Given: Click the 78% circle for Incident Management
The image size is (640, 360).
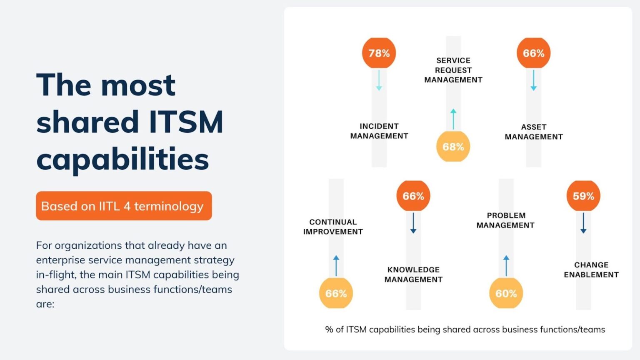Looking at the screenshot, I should pyautogui.click(x=379, y=53).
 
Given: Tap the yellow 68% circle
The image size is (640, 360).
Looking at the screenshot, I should pyautogui.click(x=453, y=147).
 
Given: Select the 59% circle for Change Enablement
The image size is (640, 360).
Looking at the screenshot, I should pyautogui.click(x=583, y=196).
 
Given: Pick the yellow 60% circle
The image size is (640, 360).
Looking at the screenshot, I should pyautogui.click(x=506, y=293).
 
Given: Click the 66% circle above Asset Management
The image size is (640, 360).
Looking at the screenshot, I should pyautogui.click(x=533, y=53).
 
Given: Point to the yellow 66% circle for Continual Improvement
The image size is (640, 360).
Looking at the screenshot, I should pyautogui.click(x=336, y=293).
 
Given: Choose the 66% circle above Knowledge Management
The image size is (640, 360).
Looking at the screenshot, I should pyautogui.click(x=413, y=196).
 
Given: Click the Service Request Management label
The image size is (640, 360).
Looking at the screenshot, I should pyautogui.click(x=453, y=70).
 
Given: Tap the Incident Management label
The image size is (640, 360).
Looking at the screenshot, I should pyautogui.click(x=379, y=131).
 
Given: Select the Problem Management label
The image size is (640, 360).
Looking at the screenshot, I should pyautogui.click(x=505, y=220).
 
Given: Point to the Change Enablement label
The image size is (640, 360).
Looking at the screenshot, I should pyautogui.click(x=591, y=270).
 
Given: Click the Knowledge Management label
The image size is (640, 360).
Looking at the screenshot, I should pyautogui.click(x=413, y=275).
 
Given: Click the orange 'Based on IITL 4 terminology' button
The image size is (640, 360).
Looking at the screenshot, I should pyautogui.click(x=124, y=206).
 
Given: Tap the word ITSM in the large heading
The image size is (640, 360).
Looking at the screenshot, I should pyautogui.click(x=186, y=122).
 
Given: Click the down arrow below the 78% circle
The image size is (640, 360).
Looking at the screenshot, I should pyautogui.click(x=379, y=80).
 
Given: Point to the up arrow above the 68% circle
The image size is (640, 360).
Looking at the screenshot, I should pyautogui.click(x=453, y=119).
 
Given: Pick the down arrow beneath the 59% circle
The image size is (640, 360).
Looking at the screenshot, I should pyautogui.click(x=583, y=223).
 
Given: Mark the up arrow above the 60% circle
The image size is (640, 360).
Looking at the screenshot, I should pyautogui.click(x=506, y=265).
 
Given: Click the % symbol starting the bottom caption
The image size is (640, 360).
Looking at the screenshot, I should pyautogui.click(x=329, y=330).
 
